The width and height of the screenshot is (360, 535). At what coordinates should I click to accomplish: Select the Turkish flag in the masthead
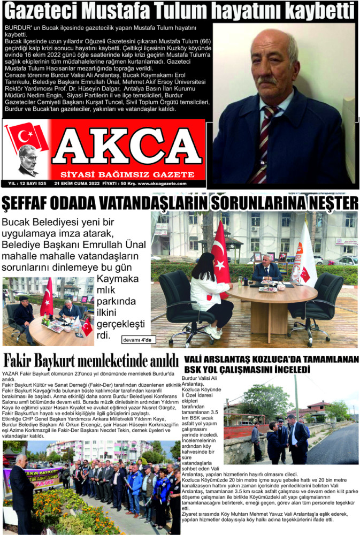tap(26, 135)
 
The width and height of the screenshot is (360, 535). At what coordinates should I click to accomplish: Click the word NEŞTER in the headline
tap(326, 204)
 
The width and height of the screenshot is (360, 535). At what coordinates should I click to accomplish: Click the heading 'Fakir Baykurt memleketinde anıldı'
tap(91, 360)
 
